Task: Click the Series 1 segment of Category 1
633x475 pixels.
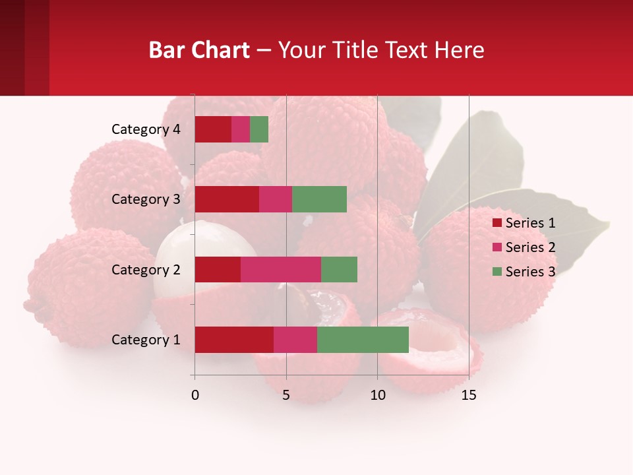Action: pyautogui.click(x=234, y=340)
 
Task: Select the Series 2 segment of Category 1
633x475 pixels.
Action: pyautogui.click(x=295, y=340)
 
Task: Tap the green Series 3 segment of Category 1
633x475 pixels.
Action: pyautogui.click(x=363, y=340)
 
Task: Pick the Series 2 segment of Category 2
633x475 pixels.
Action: pyautogui.click(x=281, y=269)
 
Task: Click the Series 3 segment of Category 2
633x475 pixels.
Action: pyautogui.click(x=339, y=269)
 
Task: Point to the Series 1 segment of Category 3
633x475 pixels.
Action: pyautogui.click(x=227, y=199)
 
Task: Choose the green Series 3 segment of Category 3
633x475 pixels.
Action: pyautogui.click(x=319, y=199)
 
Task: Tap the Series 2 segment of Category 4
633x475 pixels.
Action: pyautogui.click(x=241, y=129)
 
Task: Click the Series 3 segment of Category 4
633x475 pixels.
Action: pyautogui.click(x=259, y=129)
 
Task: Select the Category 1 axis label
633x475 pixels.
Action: pyautogui.click(x=146, y=340)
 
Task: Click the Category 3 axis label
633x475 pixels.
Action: pyautogui.click(x=146, y=199)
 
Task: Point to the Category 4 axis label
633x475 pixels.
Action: pyautogui.click(x=146, y=129)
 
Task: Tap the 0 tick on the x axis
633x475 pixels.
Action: pyautogui.click(x=195, y=395)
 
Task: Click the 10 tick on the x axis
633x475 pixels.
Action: pyautogui.click(x=377, y=395)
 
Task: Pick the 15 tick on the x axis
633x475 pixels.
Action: pyautogui.click(x=469, y=395)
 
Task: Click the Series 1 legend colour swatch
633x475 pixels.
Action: pyautogui.click(x=497, y=223)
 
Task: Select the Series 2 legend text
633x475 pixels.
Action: pyautogui.click(x=530, y=247)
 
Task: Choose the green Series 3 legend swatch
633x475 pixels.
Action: pyautogui.click(x=497, y=272)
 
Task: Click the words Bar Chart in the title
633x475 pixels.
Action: pyautogui.click(x=199, y=50)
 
